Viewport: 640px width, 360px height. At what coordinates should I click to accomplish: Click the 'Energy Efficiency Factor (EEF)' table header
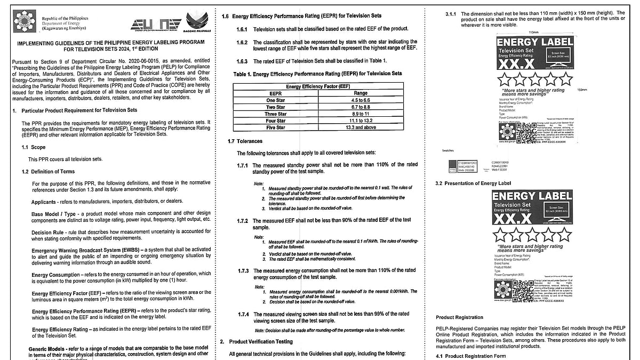tap(318, 86)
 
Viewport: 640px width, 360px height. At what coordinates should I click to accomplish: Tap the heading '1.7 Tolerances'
tap(245, 141)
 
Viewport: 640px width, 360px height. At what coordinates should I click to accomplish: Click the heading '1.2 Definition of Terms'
tap(48, 172)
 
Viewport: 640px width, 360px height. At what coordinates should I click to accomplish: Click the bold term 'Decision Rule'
tap(49, 233)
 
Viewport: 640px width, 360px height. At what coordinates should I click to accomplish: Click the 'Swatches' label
tap(448, 151)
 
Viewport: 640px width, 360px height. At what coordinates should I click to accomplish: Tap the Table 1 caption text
tap(317, 74)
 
